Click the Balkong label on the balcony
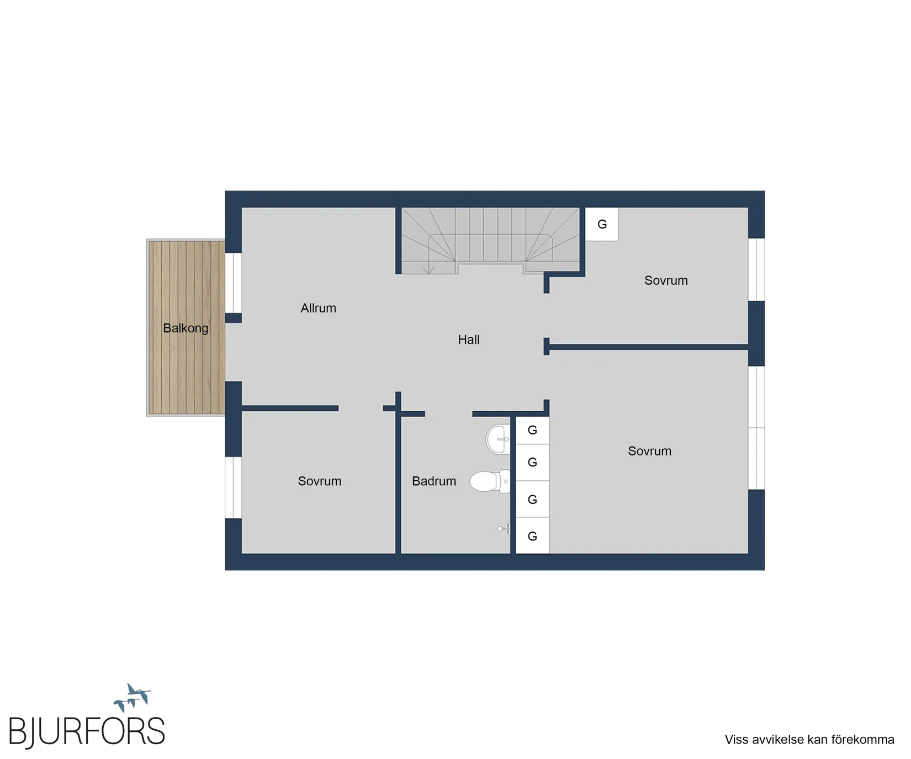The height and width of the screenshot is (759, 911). [x=186, y=328]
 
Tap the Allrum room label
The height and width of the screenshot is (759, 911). [x=318, y=308]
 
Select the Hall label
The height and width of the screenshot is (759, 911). [x=469, y=339]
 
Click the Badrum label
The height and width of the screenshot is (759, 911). [x=434, y=481]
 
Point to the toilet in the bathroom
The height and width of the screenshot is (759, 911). [x=490, y=481]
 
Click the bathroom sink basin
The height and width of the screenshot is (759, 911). [x=498, y=439]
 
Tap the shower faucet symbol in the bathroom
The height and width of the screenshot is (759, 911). [x=504, y=529]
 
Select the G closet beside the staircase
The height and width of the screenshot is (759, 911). [x=602, y=224]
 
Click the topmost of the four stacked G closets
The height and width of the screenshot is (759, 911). [x=532, y=431]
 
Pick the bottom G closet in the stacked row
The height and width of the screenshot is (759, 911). [x=532, y=536]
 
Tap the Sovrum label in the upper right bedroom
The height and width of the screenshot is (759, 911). [x=666, y=280]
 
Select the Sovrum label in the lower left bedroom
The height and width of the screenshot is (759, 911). [x=320, y=481]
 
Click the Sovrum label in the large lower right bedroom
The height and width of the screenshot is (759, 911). [x=649, y=451]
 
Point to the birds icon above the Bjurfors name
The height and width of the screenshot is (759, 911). [x=133, y=698]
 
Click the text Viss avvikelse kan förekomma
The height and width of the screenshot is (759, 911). [x=809, y=740]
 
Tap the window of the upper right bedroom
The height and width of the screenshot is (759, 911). [x=756, y=269]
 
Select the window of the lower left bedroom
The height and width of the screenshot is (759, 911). [x=234, y=487]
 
